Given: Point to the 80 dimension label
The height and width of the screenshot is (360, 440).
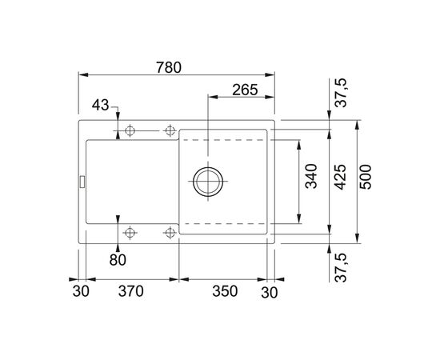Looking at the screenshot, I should (x=118, y=259).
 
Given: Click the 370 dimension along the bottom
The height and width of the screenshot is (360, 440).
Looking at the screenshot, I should (x=130, y=292).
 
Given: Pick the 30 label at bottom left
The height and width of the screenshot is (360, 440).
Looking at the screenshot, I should (x=80, y=292).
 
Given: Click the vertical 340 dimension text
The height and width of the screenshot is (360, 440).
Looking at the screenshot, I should (x=313, y=181).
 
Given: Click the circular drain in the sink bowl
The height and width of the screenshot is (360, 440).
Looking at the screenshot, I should (x=208, y=181).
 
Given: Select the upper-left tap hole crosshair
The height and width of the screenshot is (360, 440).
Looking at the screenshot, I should (x=130, y=130).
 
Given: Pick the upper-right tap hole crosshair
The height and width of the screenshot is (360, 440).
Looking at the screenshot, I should (x=169, y=130).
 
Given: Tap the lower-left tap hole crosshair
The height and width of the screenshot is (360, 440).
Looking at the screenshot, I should (x=130, y=233).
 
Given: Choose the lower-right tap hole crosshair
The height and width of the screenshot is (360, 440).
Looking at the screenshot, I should (x=169, y=233).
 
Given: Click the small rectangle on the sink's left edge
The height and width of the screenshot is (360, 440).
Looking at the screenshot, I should (x=81, y=182).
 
